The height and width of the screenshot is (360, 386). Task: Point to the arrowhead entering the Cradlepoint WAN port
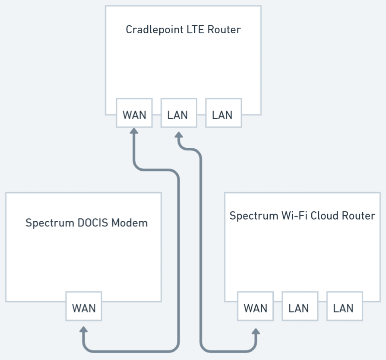134,131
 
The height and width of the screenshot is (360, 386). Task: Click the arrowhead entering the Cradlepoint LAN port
179,136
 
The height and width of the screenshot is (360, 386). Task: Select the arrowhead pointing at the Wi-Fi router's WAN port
256,331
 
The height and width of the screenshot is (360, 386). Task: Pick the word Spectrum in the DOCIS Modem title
49,223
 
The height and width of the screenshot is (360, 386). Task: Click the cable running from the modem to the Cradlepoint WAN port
178,259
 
